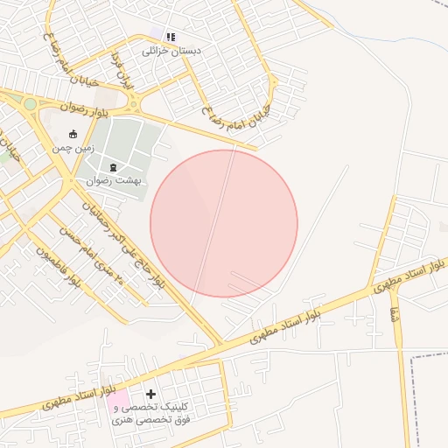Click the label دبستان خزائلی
[171, 52]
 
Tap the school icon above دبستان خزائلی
[171, 38]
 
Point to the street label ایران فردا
[120, 72]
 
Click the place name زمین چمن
[72, 149]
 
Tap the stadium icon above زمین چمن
[73, 135]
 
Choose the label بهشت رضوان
[116, 180]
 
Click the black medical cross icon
[150, 395]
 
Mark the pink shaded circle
[224, 223]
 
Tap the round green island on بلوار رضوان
[31, 104]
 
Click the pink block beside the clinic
[117, 403]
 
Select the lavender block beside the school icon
[158, 34]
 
